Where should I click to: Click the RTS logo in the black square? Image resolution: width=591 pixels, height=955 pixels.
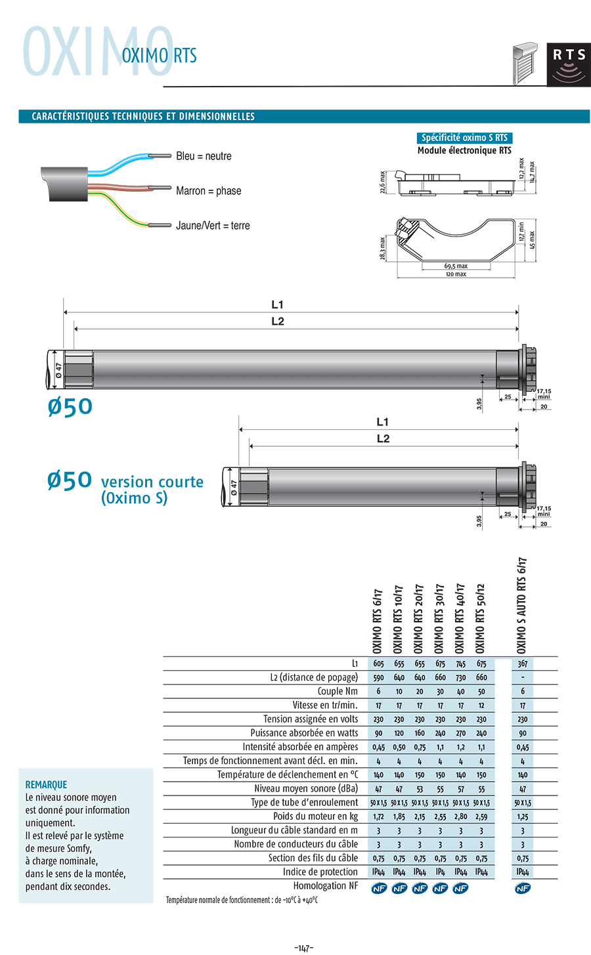[x=569, y=65]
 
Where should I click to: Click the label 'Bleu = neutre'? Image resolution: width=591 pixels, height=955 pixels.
[x=204, y=156]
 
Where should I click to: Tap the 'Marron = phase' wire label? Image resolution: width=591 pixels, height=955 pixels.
[x=208, y=191]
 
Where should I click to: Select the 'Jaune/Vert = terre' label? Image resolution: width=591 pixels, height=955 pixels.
[x=213, y=226]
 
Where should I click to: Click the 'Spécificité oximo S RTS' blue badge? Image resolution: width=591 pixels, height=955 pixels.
[x=464, y=138]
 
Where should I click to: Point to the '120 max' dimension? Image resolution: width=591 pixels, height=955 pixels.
[x=456, y=274]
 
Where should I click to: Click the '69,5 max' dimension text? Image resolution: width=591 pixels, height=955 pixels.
[x=456, y=266]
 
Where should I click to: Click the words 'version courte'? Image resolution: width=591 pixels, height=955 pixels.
[x=152, y=482]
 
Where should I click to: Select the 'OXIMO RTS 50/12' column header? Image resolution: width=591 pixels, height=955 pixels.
[x=481, y=618]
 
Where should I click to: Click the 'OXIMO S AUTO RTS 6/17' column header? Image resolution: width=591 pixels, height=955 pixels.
[x=523, y=605]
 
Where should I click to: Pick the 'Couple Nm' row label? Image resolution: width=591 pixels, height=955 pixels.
[x=338, y=691]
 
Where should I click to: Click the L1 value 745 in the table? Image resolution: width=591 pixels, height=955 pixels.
[x=461, y=664]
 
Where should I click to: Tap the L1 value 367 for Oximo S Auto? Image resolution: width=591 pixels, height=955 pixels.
[x=523, y=664]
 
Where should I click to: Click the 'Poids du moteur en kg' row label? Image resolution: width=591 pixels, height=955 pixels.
[x=315, y=817]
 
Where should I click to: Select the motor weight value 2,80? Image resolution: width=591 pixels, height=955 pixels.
[x=461, y=817]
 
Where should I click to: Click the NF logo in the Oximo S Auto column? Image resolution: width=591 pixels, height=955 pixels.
[x=523, y=888]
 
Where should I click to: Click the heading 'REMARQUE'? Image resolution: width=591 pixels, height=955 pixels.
[x=46, y=785]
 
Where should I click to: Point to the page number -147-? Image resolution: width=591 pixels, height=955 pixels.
[x=304, y=948]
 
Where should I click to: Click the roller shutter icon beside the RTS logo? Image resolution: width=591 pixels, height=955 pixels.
[x=526, y=64]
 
